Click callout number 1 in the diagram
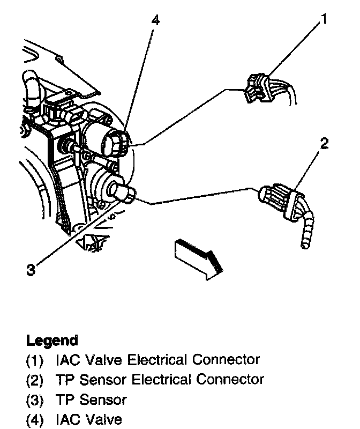(323, 20)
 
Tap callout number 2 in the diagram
(324, 144)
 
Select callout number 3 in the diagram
(31, 270)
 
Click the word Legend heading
(52, 340)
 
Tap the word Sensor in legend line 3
(101, 400)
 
